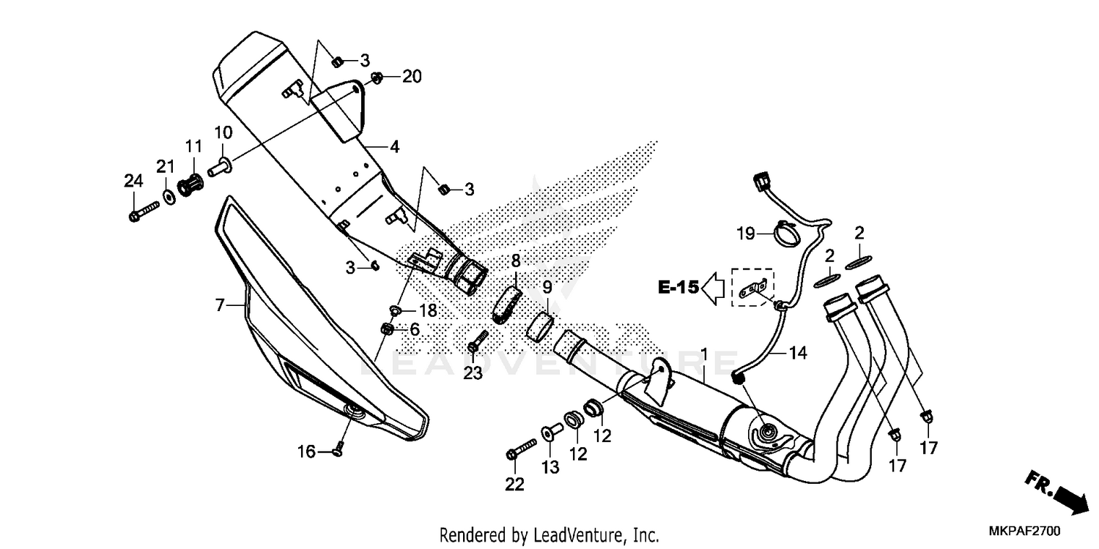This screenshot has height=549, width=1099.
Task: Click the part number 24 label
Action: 133,182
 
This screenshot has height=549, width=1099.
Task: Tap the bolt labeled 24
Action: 144,212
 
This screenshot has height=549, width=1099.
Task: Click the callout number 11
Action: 194,146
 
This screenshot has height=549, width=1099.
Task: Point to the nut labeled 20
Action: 377,78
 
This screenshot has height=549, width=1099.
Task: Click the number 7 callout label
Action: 219,305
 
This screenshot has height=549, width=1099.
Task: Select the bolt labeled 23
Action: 478,340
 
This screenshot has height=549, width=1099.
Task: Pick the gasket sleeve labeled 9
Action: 540,328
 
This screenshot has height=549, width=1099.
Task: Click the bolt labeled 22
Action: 521,449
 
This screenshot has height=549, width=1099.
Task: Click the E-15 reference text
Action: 678,288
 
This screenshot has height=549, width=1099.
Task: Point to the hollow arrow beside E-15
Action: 714,288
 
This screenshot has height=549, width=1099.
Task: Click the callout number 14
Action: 799,352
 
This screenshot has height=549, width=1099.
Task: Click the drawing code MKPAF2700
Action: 1024,531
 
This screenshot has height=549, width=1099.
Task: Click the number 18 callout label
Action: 428,310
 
